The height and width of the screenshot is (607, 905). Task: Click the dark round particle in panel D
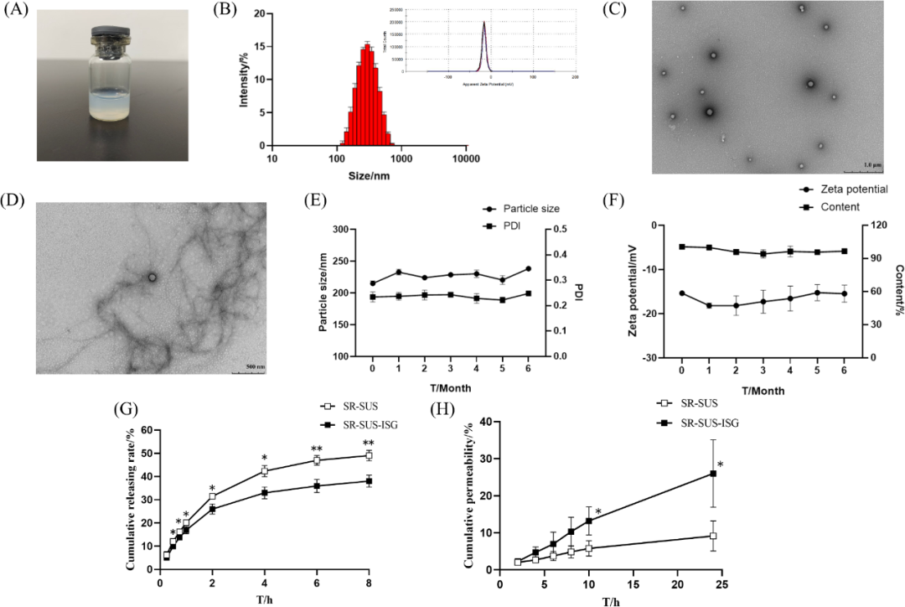(153, 276)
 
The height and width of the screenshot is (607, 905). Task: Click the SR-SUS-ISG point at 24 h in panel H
(713, 473)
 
